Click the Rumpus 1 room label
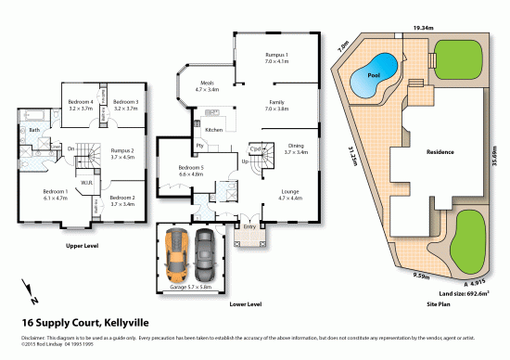point(277,58)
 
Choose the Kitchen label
point(214,130)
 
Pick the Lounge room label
point(290,195)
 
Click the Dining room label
point(296,148)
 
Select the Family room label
point(276,105)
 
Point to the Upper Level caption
point(83,247)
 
